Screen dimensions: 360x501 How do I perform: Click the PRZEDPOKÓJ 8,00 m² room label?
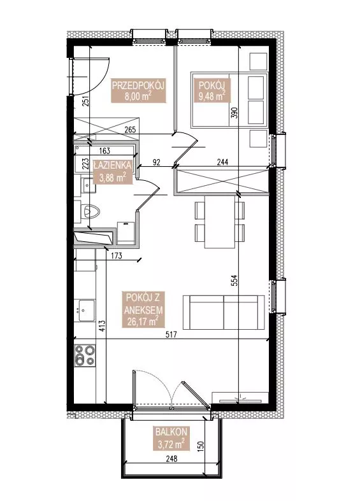(138, 90)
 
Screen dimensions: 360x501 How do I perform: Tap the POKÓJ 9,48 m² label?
(212, 90)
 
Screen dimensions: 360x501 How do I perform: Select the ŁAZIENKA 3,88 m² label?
(112, 172)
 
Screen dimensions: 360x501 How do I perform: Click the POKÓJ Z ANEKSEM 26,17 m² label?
(144, 309)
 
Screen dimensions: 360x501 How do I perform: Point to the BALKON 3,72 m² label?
(171, 438)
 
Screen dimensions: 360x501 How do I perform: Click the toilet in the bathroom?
(90, 211)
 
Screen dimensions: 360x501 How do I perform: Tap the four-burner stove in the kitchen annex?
(85, 356)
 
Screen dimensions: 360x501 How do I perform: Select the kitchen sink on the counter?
(85, 310)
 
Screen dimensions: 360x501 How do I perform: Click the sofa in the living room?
(224, 313)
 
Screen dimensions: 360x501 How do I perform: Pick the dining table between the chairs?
(220, 222)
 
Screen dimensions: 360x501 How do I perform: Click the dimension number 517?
(171, 335)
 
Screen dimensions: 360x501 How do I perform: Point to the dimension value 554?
(234, 280)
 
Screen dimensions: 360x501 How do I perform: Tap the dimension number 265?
(130, 130)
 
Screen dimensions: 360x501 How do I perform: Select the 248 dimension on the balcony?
(171, 459)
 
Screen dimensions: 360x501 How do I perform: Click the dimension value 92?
(156, 162)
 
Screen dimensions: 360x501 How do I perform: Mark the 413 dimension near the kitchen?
(102, 326)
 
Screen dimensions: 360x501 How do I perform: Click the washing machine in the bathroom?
(126, 234)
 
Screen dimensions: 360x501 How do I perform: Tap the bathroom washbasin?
(88, 185)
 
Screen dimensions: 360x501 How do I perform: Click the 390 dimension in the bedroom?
(234, 113)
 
